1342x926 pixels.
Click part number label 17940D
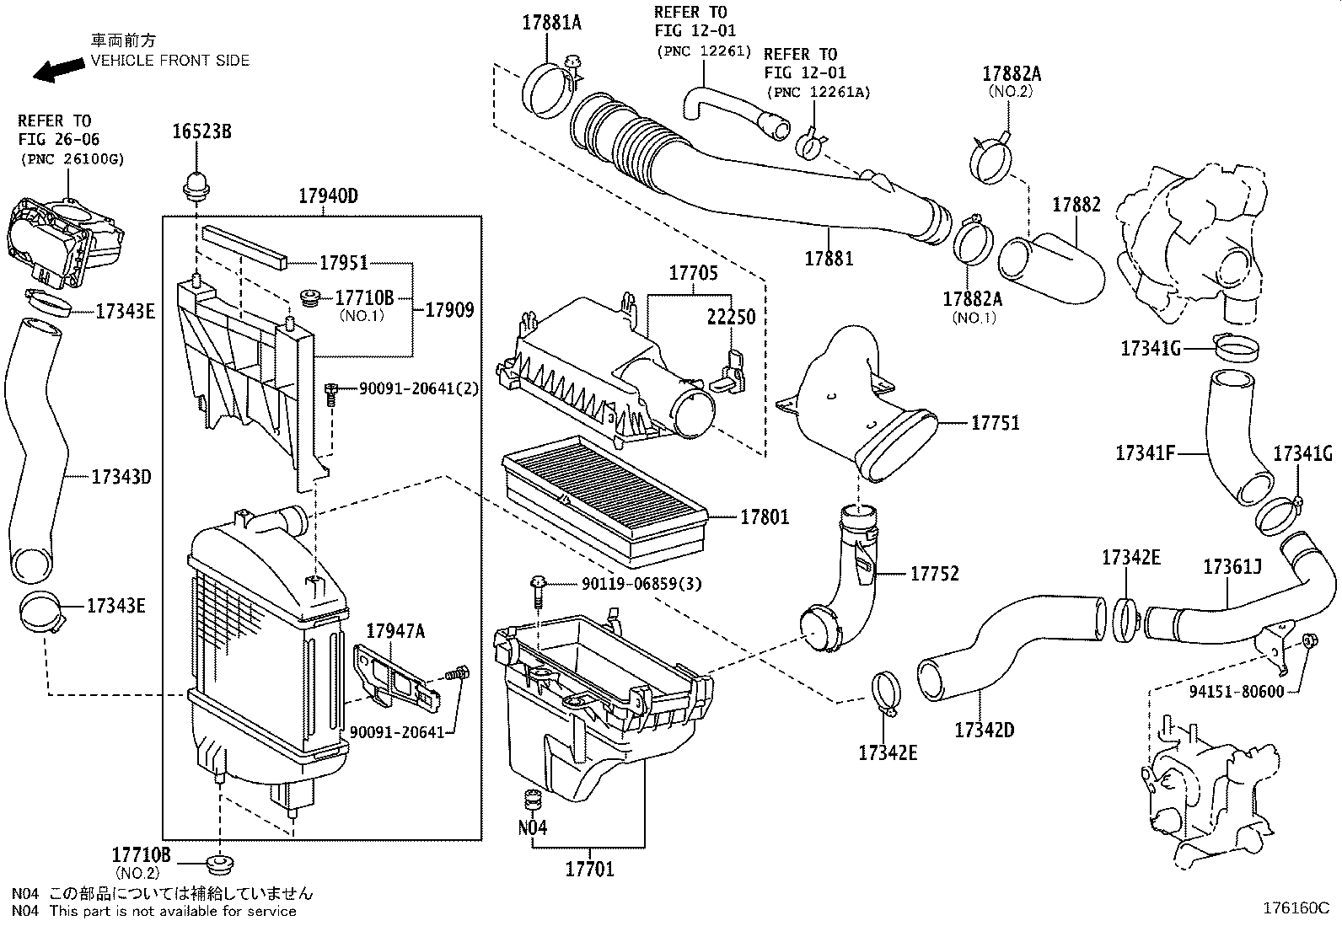pyautogui.click(x=328, y=196)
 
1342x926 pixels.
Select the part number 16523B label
pyautogui.click(x=201, y=131)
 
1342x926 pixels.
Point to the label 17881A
pyautogui.click(x=551, y=23)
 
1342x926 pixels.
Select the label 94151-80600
pyautogui.click(x=1237, y=692)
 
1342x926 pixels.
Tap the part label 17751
pyautogui.click(x=995, y=422)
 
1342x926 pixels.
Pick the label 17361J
pyautogui.click(x=1232, y=566)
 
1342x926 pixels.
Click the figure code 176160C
pyautogui.click(x=1296, y=908)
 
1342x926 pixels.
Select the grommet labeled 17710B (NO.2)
pyautogui.click(x=221, y=864)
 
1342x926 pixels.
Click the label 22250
pyautogui.click(x=731, y=316)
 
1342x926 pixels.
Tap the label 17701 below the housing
pyautogui.click(x=590, y=869)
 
